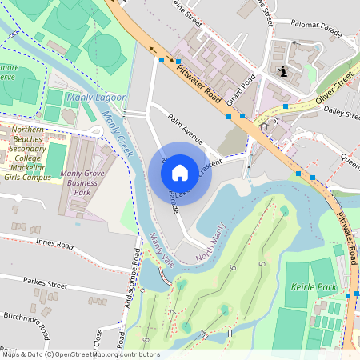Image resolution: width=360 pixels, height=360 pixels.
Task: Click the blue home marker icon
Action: (x=180, y=172)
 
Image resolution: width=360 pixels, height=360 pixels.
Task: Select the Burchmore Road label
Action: (x=26, y=327)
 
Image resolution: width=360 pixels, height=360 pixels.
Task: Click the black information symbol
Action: (x=283, y=72)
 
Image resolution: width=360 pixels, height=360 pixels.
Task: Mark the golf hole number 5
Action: (x=261, y=264)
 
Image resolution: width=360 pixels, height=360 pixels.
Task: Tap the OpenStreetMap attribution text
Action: (x=81, y=354)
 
